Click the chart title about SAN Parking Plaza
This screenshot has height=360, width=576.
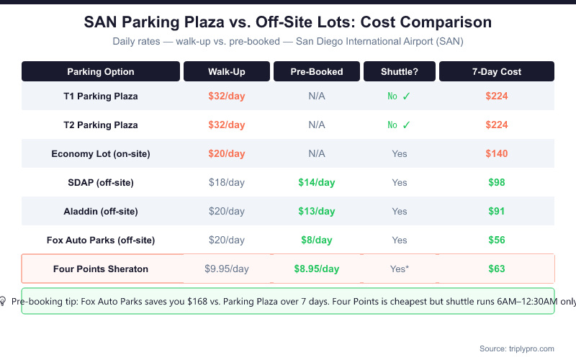[288, 22]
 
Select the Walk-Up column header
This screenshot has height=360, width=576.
[227, 71]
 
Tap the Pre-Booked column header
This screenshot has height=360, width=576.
[317, 71]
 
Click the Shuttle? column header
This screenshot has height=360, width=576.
[400, 71]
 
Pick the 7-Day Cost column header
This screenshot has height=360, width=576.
[497, 71]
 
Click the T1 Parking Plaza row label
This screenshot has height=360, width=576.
[101, 96]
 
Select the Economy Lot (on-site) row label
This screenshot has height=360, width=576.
[101, 153]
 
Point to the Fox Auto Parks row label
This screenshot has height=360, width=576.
[101, 240]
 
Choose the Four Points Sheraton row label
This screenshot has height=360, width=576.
[101, 269]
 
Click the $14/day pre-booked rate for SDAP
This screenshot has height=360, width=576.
[317, 182]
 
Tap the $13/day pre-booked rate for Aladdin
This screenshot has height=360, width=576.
[317, 211]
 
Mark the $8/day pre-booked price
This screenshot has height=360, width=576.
[317, 240]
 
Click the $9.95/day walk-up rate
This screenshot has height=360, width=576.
[227, 269]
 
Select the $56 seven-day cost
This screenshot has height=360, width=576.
[497, 240]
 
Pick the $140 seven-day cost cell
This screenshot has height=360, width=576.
[497, 153]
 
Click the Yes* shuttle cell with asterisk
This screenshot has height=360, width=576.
[400, 269]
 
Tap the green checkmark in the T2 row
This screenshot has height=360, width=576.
[406, 125]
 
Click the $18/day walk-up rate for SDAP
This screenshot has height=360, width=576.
[227, 182]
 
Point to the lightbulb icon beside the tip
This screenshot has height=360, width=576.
[3, 301]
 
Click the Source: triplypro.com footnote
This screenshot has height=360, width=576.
[516, 348]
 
